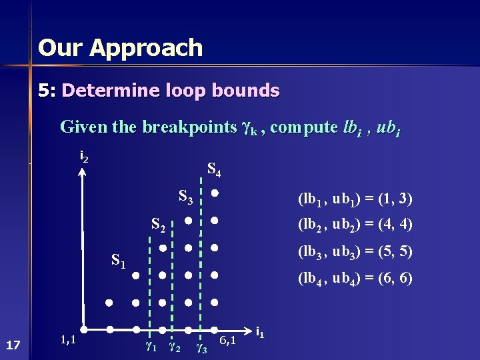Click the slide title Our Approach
[120, 48]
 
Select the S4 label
[213, 170]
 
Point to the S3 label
[187, 197]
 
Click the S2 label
[159, 226]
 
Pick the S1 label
[119, 261]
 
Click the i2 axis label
[84, 157]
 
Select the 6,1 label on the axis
[228, 341]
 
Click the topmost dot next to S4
[215, 194]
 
